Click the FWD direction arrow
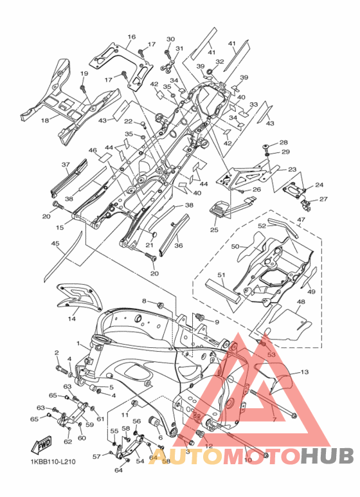pyautogui.click(x=41, y=446)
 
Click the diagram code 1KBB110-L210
pyautogui.click(x=51, y=462)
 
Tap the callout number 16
pyautogui.click(x=132, y=37)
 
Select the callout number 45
pyautogui.click(x=55, y=244)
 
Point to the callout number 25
pyautogui.click(x=214, y=230)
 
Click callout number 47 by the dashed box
pyautogui.click(x=301, y=219)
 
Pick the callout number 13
pyautogui.click(x=305, y=372)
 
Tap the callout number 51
pyautogui.click(x=221, y=275)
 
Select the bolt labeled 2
pyautogui.click(x=62, y=369)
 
